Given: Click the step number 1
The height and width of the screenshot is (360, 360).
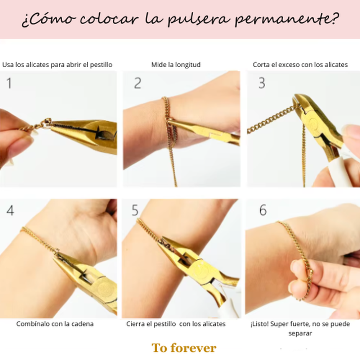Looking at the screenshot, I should pos(9,84).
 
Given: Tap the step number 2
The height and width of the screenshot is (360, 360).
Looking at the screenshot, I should pos(138,83).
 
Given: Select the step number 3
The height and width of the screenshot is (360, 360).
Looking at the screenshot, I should pos(262,83).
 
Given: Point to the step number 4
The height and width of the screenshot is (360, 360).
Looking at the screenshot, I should pos(10,211).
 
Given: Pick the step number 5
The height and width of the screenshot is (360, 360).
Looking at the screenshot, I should pos(135,211).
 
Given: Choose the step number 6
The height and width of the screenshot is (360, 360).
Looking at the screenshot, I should pos(263,211).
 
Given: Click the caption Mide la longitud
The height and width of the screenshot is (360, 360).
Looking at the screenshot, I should pos(176,65).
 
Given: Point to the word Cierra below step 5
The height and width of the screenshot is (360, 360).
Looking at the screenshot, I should pos(135,324).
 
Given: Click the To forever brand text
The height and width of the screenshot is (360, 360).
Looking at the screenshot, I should pos(184,348).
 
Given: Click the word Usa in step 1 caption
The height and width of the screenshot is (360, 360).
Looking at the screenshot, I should pos(8,65).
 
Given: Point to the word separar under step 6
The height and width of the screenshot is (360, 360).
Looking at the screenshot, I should pos(300,333).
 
